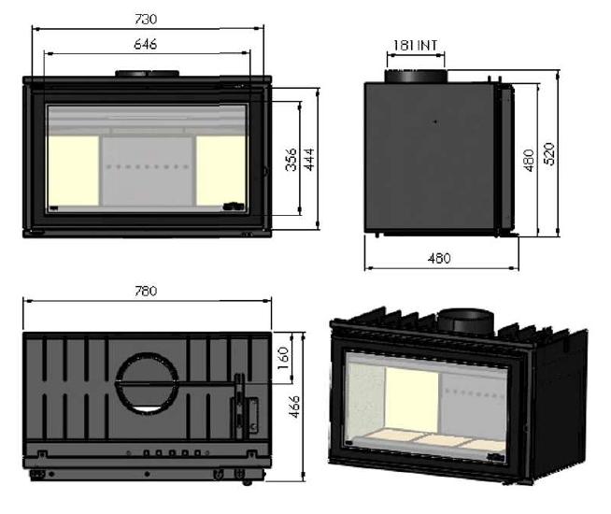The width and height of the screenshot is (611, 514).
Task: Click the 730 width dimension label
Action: click(146, 19)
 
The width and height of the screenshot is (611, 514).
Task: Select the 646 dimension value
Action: click(146, 44)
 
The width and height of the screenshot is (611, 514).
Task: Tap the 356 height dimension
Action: click(291, 160)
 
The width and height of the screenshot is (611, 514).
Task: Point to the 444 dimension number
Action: click(309, 160)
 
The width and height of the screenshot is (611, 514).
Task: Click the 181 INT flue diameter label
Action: click(416, 46)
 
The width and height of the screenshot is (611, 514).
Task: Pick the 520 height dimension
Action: click(549, 154)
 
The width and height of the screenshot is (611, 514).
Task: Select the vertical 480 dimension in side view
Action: click(529, 160)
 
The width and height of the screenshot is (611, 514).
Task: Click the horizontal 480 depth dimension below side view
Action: click(439, 258)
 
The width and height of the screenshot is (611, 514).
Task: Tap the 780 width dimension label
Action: click(146, 291)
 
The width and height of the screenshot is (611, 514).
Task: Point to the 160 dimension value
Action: click(284, 359)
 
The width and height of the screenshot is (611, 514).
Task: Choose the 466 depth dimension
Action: click(295, 407)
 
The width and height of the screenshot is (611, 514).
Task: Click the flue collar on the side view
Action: click(416, 76)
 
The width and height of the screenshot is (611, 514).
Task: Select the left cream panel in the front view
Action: click(73, 170)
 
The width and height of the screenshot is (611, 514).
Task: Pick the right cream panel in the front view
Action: click(220, 170)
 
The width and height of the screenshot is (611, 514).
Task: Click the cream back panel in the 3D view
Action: click(411, 398)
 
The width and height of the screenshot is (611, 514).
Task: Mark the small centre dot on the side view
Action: click(435, 121)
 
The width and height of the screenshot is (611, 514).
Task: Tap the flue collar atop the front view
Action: click(147, 74)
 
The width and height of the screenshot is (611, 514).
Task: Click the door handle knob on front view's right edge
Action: click(266, 170)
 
